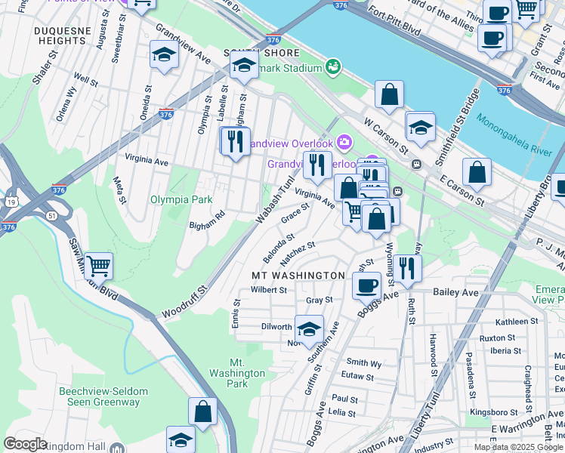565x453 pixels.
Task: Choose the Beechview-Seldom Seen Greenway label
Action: click(x=99, y=396)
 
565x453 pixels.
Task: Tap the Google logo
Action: click(x=25, y=444)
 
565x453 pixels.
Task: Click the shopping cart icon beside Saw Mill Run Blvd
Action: click(x=99, y=266)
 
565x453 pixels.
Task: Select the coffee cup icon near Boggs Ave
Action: click(x=367, y=285)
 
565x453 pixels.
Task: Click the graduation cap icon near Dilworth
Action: click(x=308, y=329)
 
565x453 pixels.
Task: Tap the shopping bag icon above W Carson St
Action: click(x=390, y=95)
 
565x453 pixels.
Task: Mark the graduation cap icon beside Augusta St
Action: click(x=164, y=55)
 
